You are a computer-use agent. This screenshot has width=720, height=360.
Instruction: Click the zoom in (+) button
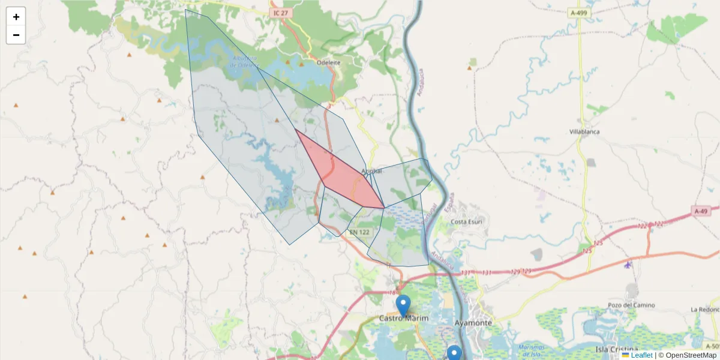(x=16, y=17)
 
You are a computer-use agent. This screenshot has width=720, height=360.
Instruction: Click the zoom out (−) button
(x=16, y=35)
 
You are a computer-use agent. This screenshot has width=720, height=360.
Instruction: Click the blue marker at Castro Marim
(x=403, y=305)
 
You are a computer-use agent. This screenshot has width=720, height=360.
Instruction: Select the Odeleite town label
(x=329, y=62)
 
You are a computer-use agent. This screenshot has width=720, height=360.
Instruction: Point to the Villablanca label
(x=584, y=131)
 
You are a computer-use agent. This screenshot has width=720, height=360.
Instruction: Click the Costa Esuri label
(x=466, y=222)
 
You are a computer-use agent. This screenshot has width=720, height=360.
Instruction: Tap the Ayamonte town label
(x=473, y=323)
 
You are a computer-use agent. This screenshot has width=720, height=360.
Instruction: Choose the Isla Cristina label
(x=616, y=349)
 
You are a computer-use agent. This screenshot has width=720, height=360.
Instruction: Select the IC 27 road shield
(x=280, y=13)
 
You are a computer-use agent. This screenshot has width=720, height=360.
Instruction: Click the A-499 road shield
(x=579, y=13)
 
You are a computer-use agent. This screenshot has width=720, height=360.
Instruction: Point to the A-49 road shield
(x=701, y=211)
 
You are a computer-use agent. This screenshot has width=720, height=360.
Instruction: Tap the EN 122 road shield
(x=359, y=232)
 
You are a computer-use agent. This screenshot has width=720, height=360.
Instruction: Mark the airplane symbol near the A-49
(x=628, y=265)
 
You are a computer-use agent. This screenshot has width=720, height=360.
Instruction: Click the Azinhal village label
(x=371, y=172)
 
